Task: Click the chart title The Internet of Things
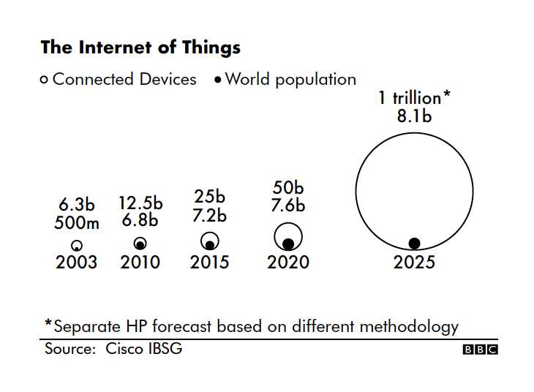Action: (x=140, y=48)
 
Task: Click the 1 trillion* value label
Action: (x=414, y=98)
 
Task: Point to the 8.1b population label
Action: (x=414, y=116)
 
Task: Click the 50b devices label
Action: (x=288, y=188)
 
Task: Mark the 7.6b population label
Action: (x=288, y=206)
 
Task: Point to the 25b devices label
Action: (x=210, y=197)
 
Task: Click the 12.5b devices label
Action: (x=140, y=203)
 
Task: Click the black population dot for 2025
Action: (x=414, y=244)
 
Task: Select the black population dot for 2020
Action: (x=288, y=244)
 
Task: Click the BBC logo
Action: (x=480, y=350)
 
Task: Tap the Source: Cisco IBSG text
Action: (x=113, y=349)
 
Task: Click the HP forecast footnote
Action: (x=252, y=326)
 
